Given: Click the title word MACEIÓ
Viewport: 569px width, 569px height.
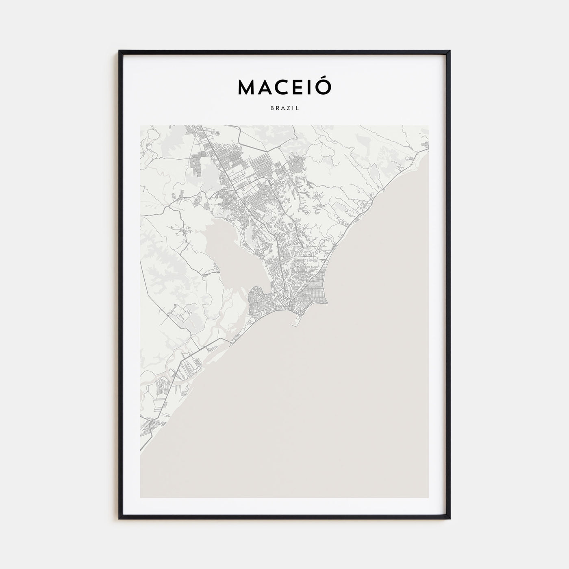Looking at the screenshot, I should [284, 87].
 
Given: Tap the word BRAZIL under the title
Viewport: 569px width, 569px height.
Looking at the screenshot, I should [284, 109].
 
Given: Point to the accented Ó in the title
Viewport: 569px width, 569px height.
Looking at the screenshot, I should [324, 86].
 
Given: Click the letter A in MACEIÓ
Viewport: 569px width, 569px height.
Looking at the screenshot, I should [264, 87].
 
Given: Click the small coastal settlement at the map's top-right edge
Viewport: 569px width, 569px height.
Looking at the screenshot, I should [425, 146].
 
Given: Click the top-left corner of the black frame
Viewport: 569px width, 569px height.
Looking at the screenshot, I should [119, 51].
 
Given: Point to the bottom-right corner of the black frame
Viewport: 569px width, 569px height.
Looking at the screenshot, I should [450, 519].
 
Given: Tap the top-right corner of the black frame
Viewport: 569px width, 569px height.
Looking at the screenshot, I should [450, 51].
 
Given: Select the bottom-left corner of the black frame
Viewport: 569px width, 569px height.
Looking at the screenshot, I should [119, 519].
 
